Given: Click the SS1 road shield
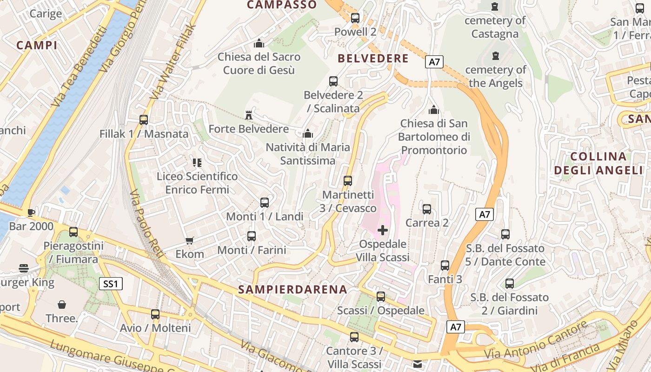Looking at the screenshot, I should click(x=111, y=283).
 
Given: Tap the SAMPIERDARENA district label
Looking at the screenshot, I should click(x=292, y=289).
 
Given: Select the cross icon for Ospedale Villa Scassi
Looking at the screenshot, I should click(x=383, y=230).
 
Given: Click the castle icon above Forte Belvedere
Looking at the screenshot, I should click(x=249, y=115).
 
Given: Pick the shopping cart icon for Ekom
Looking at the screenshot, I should click(x=189, y=240).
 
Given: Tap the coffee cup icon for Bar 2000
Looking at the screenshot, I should click(x=31, y=213).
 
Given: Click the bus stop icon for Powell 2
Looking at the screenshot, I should click(x=355, y=18).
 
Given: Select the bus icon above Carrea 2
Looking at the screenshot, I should click(x=427, y=209).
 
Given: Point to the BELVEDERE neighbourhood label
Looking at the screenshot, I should click(x=373, y=59).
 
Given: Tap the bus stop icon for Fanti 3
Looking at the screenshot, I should click(x=445, y=266).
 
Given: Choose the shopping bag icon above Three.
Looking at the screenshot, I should click(x=61, y=305).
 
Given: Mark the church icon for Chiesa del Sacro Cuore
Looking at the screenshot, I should click(x=259, y=44).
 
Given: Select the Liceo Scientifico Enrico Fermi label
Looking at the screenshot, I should click(x=197, y=183).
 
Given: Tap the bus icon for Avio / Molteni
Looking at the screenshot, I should click(x=155, y=314).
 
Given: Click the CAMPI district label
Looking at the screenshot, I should click(x=37, y=45).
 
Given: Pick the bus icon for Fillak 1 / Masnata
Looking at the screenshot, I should click(x=144, y=120).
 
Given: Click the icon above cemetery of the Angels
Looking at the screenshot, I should click(x=495, y=56).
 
